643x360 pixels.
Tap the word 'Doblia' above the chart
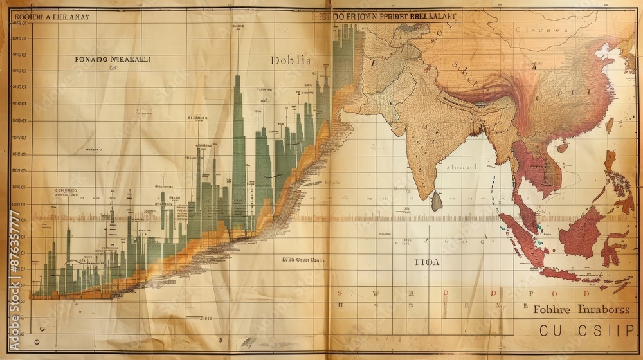click(x=291, y=61)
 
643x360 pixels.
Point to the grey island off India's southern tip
click(x=437, y=201)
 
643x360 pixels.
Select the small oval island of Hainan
click(x=609, y=125)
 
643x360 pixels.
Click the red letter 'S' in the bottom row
click(x=340, y=293)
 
